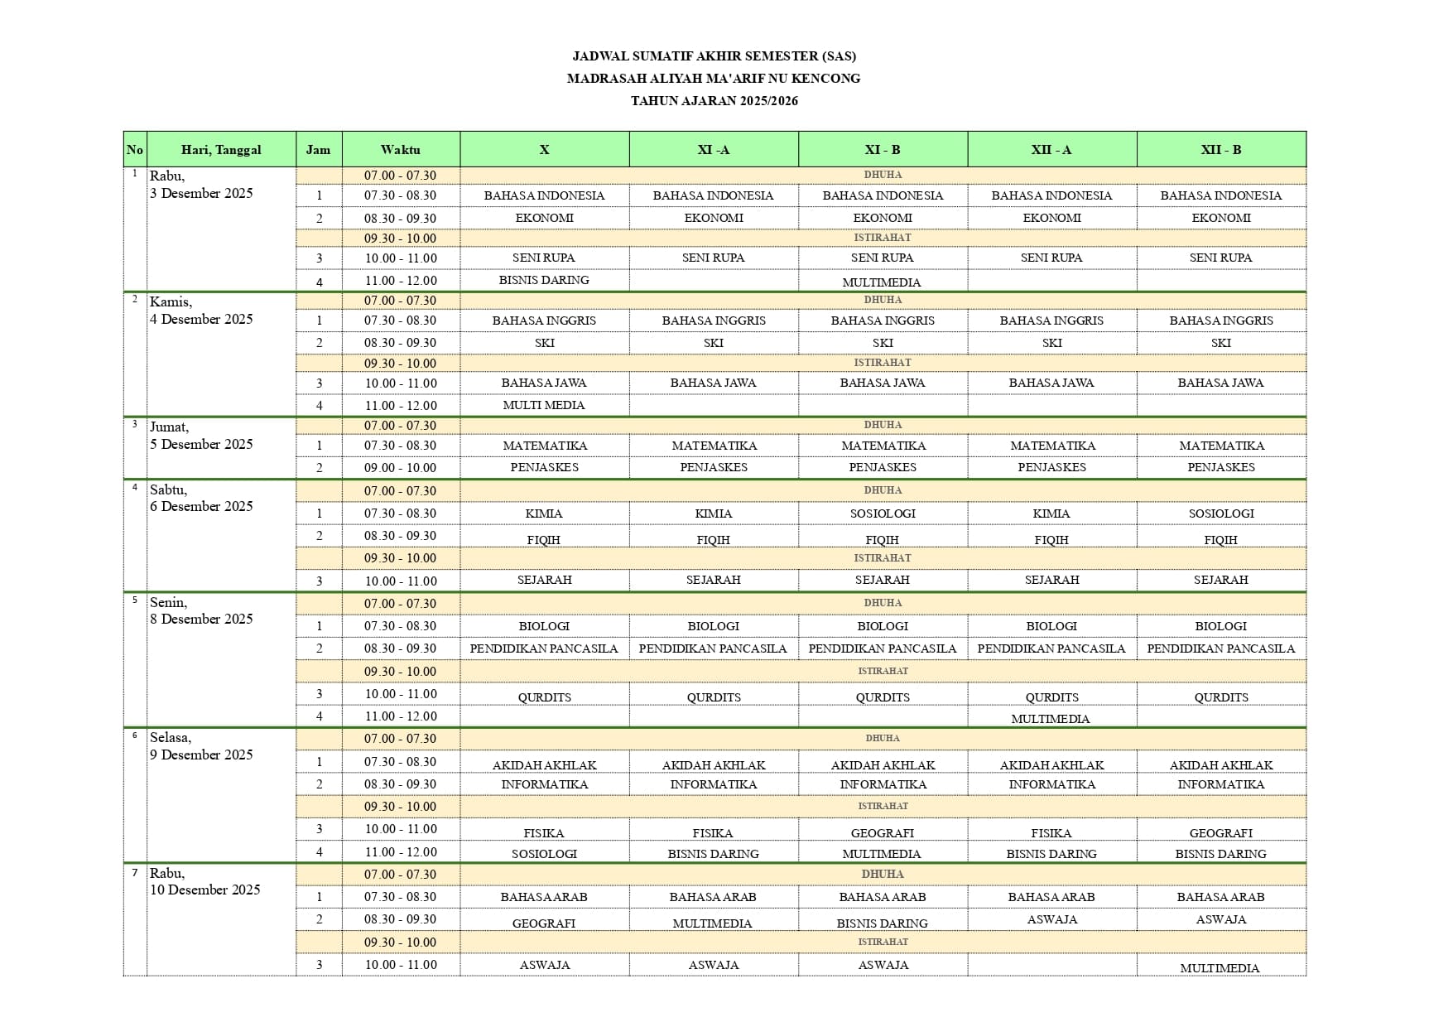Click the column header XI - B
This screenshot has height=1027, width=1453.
click(x=883, y=150)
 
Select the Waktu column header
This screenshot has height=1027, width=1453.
click(x=401, y=150)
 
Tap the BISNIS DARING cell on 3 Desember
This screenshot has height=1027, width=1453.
click(x=544, y=280)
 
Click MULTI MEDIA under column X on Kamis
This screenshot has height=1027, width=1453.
click(x=544, y=405)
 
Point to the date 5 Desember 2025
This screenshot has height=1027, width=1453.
click(x=201, y=444)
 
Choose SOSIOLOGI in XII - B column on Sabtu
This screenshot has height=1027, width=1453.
click(x=1221, y=513)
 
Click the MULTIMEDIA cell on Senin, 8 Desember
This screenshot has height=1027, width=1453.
click(x=1051, y=718)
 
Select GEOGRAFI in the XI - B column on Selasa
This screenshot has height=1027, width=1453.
click(x=883, y=833)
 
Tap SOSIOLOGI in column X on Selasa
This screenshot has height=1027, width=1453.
click(x=544, y=854)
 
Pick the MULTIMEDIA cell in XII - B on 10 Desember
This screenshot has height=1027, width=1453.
click(x=1220, y=967)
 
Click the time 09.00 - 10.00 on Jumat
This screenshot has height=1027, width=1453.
click(x=401, y=468)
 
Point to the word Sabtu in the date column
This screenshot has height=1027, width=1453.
click(x=168, y=489)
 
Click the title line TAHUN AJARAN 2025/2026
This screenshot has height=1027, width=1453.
click(x=714, y=101)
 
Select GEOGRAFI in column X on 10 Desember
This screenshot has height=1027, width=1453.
click(x=544, y=923)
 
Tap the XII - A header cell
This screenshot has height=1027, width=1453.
click(x=1051, y=150)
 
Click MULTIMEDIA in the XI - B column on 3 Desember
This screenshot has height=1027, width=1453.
click(x=882, y=282)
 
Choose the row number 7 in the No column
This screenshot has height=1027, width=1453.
click(x=135, y=873)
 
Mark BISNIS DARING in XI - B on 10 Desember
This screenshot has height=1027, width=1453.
click(x=883, y=923)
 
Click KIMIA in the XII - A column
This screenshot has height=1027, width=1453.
click(x=1051, y=513)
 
